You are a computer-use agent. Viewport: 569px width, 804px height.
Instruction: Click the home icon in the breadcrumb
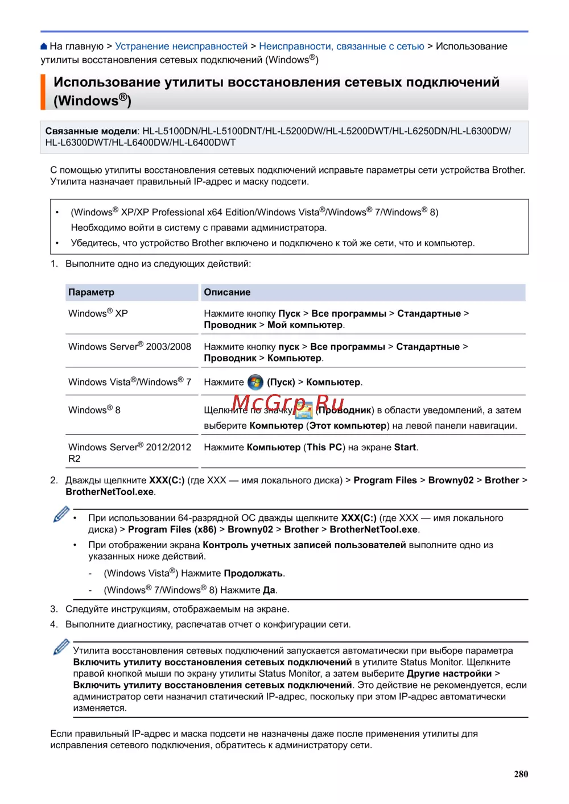[44, 47]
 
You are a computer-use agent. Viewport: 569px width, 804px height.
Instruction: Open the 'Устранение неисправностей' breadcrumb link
[181, 47]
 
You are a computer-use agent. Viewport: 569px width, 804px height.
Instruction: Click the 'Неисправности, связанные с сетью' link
[341, 47]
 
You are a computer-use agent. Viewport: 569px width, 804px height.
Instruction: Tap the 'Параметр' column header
[91, 292]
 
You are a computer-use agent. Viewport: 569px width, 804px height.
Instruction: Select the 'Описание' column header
[227, 292]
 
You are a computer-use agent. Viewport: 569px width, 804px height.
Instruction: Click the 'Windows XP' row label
[98, 313]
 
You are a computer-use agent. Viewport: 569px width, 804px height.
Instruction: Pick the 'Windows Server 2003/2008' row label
[130, 347]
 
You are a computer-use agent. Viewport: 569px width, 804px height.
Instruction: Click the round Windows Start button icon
[255, 382]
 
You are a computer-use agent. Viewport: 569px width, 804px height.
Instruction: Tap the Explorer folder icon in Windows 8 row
[304, 410]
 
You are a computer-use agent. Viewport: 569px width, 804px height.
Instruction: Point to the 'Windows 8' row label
[94, 410]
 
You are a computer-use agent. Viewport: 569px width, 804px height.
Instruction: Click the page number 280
[521, 774]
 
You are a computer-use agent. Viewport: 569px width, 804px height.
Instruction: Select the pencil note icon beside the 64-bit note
[61, 515]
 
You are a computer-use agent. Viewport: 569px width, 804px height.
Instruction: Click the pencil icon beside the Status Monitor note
[61, 648]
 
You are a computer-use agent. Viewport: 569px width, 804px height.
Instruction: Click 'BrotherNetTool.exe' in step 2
[109, 492]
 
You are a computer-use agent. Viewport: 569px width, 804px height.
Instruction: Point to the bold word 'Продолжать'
[253, 573]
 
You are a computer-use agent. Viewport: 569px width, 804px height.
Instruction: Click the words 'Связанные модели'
[91, 131]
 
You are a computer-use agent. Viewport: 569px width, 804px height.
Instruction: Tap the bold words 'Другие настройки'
[449, 674]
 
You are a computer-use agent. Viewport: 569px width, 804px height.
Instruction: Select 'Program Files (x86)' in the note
[172, 529]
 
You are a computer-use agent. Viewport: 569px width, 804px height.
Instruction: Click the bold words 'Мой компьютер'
[305, 325]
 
